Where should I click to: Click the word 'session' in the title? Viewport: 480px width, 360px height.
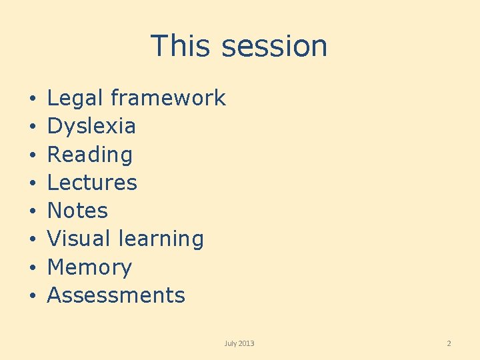click(275, 46)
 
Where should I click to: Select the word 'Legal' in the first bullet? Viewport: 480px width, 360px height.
click(75, 99)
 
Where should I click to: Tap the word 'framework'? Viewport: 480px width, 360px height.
click(168, 99)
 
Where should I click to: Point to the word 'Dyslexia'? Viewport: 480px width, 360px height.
click(91, 126)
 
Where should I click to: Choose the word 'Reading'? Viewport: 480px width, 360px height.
click(90, 155)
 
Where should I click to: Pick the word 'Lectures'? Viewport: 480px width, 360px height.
click(92, 183)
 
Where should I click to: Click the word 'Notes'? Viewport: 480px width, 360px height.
click(77, 211)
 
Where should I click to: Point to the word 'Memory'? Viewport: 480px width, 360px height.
click(89, 267)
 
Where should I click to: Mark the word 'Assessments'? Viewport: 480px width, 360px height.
click(116, 295)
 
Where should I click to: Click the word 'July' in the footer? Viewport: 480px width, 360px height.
click(231, 343)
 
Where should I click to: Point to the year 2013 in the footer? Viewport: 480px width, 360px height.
click(246, 343)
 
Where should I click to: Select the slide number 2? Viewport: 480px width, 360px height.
click(449, 343)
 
